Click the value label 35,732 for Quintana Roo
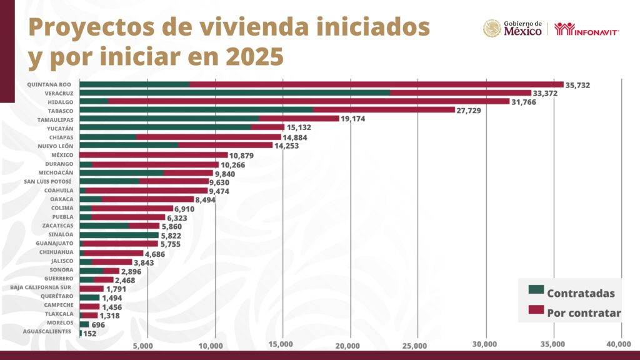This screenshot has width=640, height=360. pyautogui.click(x=577, y=85)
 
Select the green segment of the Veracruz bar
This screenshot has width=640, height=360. pyautogui.click(x=234, y=93)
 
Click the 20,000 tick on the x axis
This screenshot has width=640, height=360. pyautogui.click(x=348, y=345)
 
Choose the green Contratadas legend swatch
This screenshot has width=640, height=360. pyautogui.click(x=536, y=289)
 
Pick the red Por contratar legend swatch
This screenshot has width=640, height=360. pyautogui.click(x=536, y=309)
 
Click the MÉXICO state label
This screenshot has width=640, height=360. pyautogui.click(x=62, y=154)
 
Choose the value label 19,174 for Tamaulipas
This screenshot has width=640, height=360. pyautogui.click(x=354, y=119)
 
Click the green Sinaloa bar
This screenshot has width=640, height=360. pyautogui.click(x=119, y=235)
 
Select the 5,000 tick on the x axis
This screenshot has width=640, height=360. pyautogui.click(x=144, y=345)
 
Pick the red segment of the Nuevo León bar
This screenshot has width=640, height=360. pyautogui.click(x=225, y=146)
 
